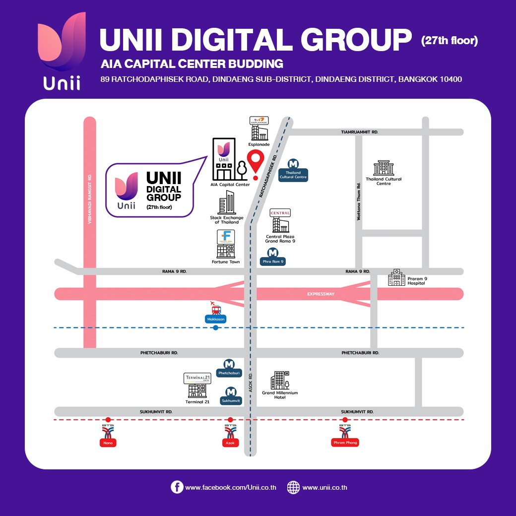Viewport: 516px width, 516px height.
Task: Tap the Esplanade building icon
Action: pyautogui.click(x=258, y=130)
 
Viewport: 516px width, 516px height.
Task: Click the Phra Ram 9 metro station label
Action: pyautogui.click(x=273, y=261)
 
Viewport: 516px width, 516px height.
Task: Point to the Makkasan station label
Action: pyautogui.click(x=215, y=320)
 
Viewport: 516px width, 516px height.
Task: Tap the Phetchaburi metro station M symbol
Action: pyautogui.click(x=229, y=364)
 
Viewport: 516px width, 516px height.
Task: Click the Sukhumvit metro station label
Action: pyautogui.click(x=231, y=400)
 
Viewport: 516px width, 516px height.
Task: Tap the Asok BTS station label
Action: pyautogui.click(x=231, y=443)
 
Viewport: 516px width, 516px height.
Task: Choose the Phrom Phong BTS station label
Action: pyautogui.click(x=345, y=443)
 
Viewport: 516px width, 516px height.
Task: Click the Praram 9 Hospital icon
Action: pyautogui.click(x=396, y=278)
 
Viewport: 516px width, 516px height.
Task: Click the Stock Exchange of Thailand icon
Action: pyautogui.click(x=227, y=203)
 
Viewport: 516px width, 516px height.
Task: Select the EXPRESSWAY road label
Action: pyautogui.click(x=321, y=294)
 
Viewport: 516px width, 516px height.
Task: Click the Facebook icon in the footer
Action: pyautogui.click(x=177, y=487)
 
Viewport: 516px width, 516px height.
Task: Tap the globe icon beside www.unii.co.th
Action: pyautogui.click(x=293, y=487)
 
